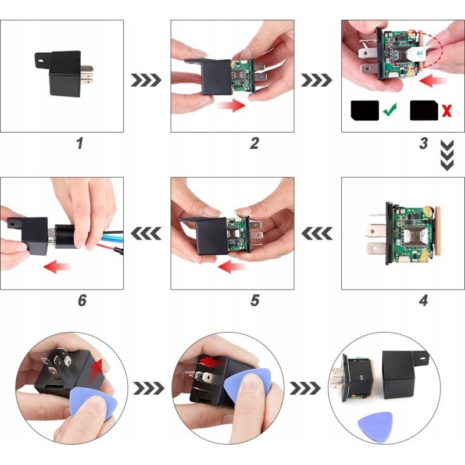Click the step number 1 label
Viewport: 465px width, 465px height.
click(80, 143)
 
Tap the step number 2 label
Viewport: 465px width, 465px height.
click(255, 143)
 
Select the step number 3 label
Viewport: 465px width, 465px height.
click(424, 143)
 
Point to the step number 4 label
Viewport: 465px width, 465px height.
click(424, 300)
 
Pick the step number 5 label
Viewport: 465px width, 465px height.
click(255, 300)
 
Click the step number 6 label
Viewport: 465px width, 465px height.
click(82, 300)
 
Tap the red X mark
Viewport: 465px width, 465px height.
click(447, 110)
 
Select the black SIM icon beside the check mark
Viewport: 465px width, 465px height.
click(365, 110)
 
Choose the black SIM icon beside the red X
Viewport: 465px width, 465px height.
click(424, 110)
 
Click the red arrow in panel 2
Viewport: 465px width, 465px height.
click(231, 106)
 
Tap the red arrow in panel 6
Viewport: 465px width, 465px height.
click(57, 267)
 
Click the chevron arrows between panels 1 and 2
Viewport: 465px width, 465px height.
click(146, 80)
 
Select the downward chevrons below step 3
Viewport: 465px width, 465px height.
click(447, 155)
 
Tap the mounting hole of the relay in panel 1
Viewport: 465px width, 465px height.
click(41, 62)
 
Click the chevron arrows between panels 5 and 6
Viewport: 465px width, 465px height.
click(146, 233)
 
